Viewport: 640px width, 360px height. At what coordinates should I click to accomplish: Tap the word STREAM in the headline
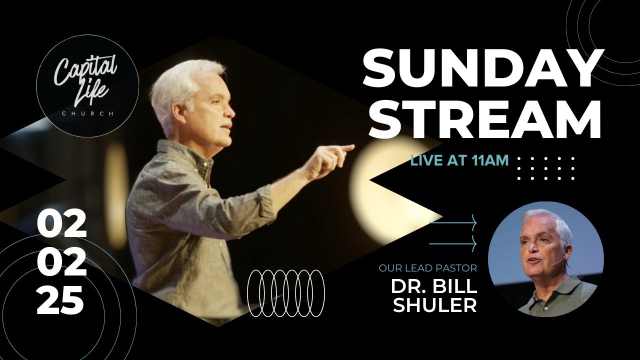[x=485, y=117]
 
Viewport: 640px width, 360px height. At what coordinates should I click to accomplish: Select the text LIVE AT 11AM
[x=459, y=160]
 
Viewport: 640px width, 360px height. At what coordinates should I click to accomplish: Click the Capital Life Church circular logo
[x=87, y=86]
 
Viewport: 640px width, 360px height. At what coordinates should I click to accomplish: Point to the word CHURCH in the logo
[x=87, y=113]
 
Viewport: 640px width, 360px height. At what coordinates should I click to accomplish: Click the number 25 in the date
[x=60, y=299]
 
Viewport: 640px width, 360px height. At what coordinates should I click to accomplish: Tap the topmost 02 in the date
[x=61, y=223]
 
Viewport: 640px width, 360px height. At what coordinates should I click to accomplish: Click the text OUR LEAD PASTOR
[x=428, y=268]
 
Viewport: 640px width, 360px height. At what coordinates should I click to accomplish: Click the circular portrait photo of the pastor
[x=546, y=259]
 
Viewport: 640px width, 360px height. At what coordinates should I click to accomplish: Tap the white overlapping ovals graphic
[x=286, y=293]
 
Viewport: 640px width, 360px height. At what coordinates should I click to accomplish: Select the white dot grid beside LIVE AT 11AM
[x=546, y=168]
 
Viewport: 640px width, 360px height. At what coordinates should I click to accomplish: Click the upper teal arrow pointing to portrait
[x=453, y=222]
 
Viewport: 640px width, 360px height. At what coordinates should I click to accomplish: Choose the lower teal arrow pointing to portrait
[x=453, y=243]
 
